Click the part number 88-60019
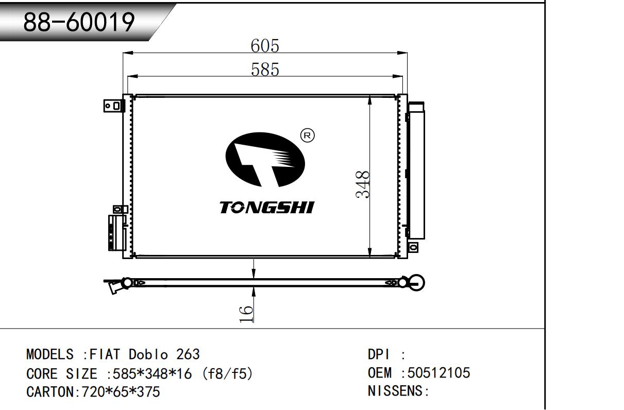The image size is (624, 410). tap(79, 22)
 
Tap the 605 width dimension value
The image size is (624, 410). tap(265, 45)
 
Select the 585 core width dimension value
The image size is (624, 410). tap(265, 69)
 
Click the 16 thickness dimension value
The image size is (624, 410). tap(246, 314)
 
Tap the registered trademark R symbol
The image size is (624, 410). tap(307, 135)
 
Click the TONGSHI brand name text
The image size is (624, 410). tap(267, 208)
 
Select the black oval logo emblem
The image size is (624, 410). tap(265, 160)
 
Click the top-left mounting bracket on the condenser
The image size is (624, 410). tap(113, 106)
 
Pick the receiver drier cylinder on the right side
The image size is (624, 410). tap(416, 170)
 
